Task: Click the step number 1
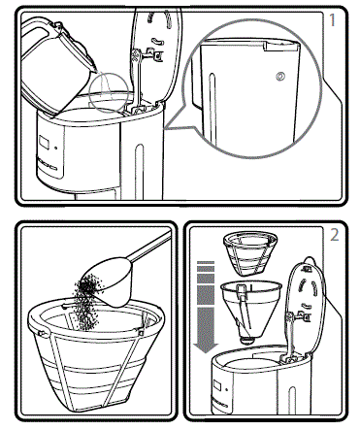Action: click(333, 18)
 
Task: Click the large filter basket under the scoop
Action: click(92, 359)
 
